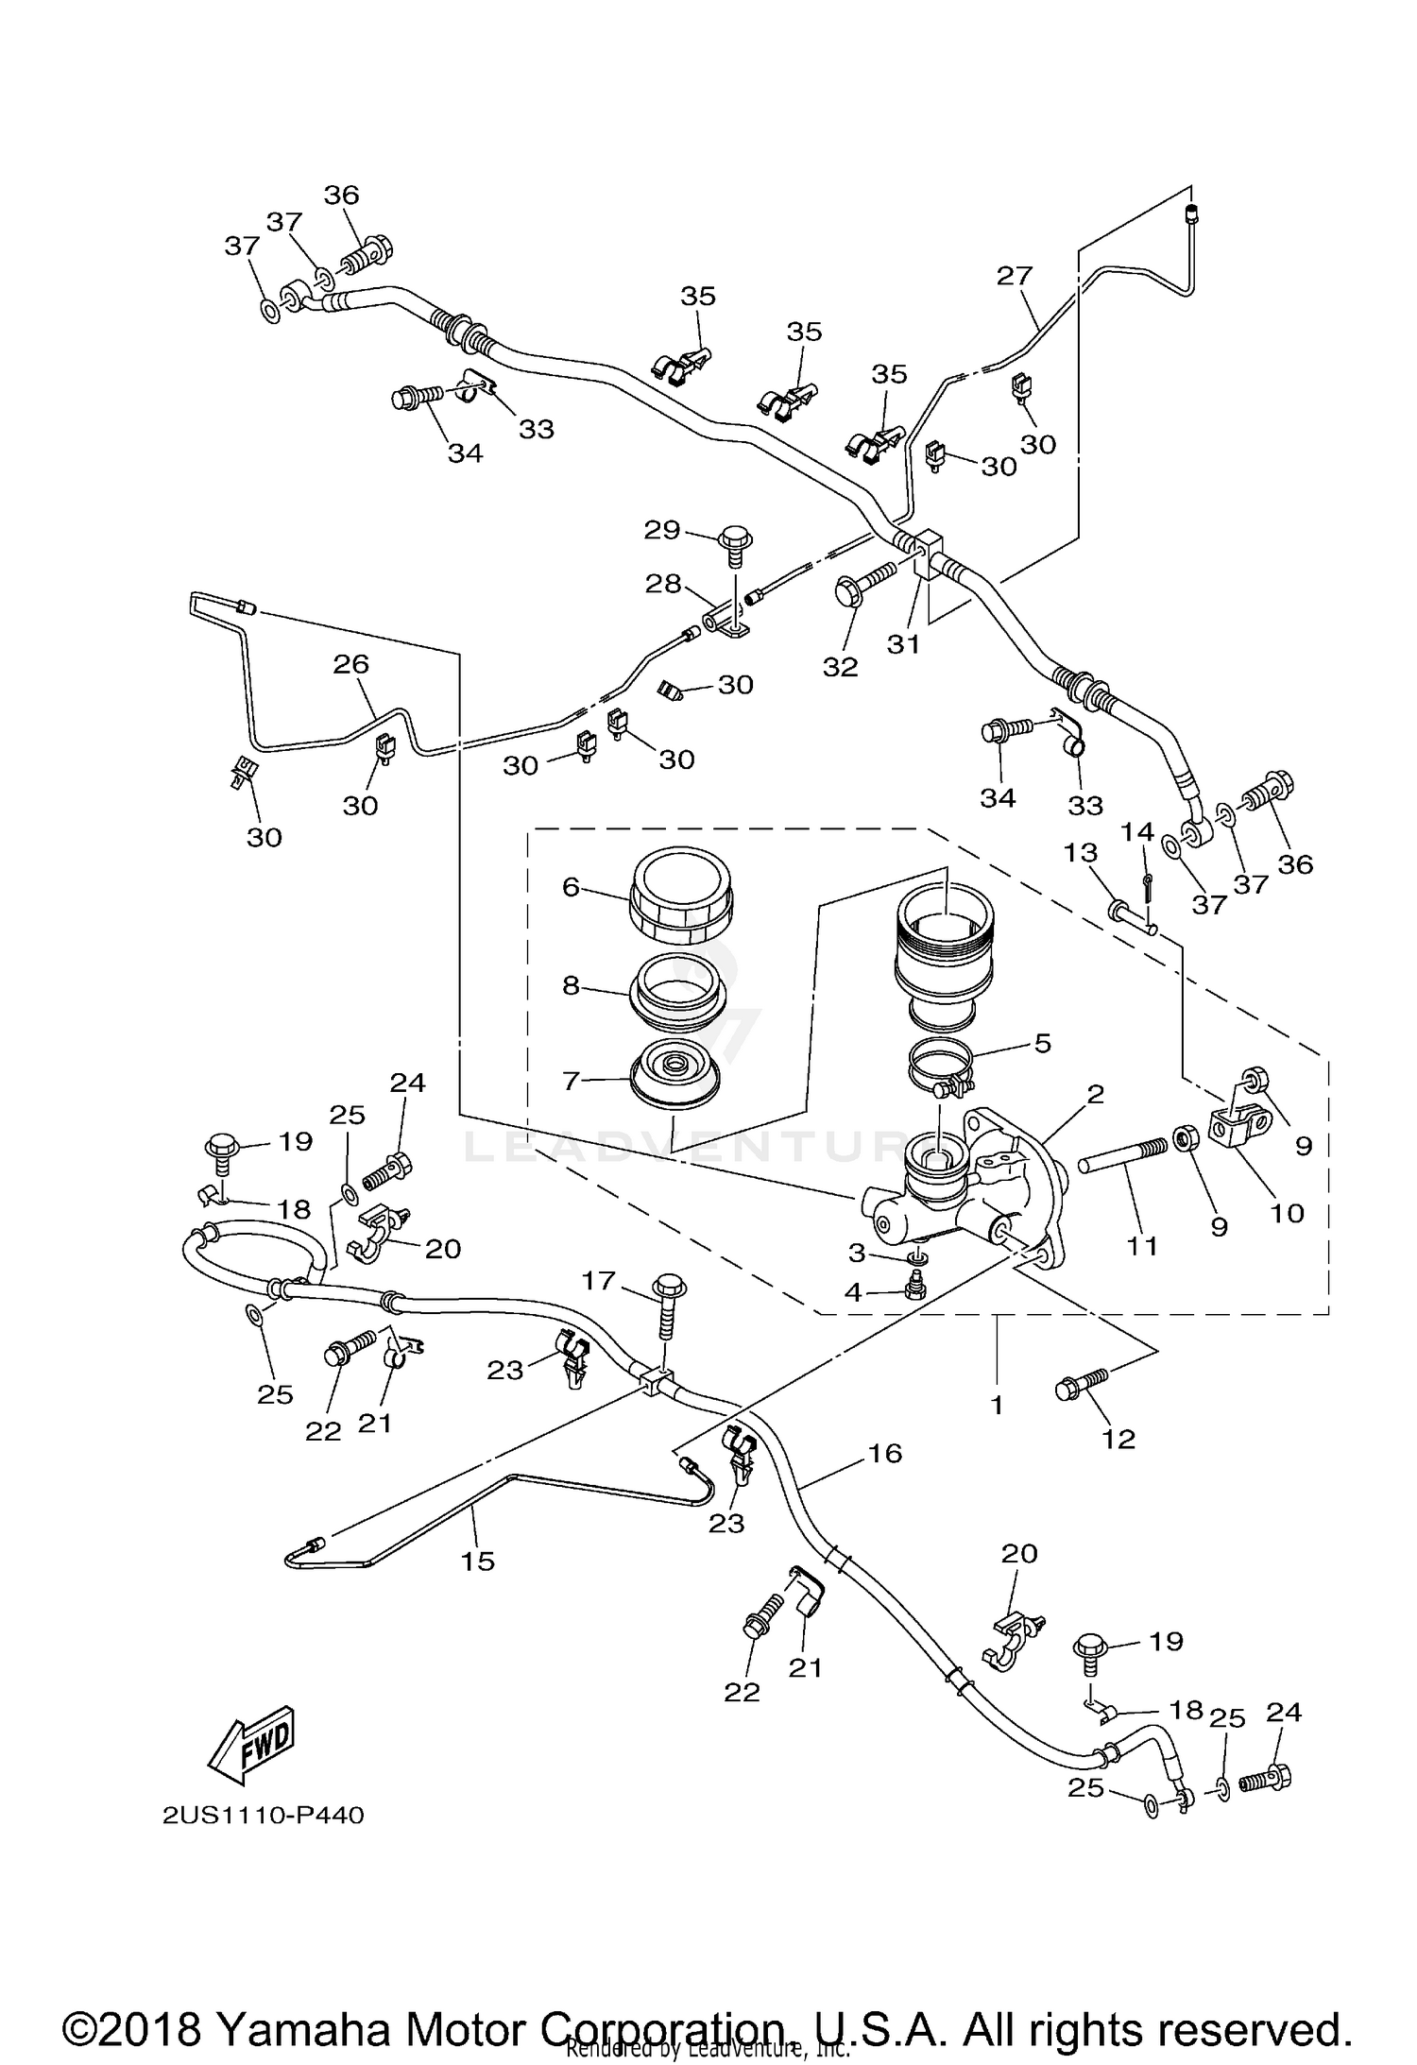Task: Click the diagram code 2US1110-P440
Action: [263, 1816]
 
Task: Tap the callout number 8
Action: [571, 985]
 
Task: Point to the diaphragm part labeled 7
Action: [675, 1072]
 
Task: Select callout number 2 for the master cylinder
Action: [1095, 1095]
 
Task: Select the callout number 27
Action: [1015, 276]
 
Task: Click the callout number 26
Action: [350, 664]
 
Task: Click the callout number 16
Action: [885, 1453]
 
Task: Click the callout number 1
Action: [996, 1405]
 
